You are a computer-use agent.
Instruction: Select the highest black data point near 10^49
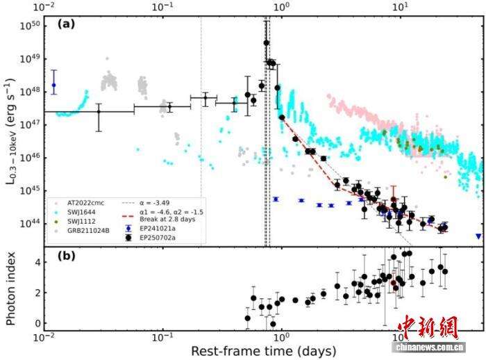click(x=267, y=43)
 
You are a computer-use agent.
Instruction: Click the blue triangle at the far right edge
click(x=478, y=236)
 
